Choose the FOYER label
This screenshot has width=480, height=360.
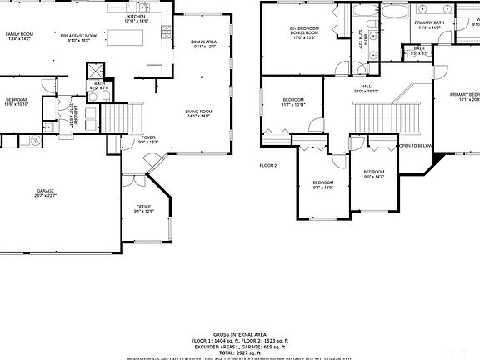[x=148, y=139]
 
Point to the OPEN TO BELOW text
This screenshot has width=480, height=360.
[x=415, y=145]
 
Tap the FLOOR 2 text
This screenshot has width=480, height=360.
[x=267, y=165]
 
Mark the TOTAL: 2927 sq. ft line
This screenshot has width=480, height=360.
[x=240, y=352]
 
